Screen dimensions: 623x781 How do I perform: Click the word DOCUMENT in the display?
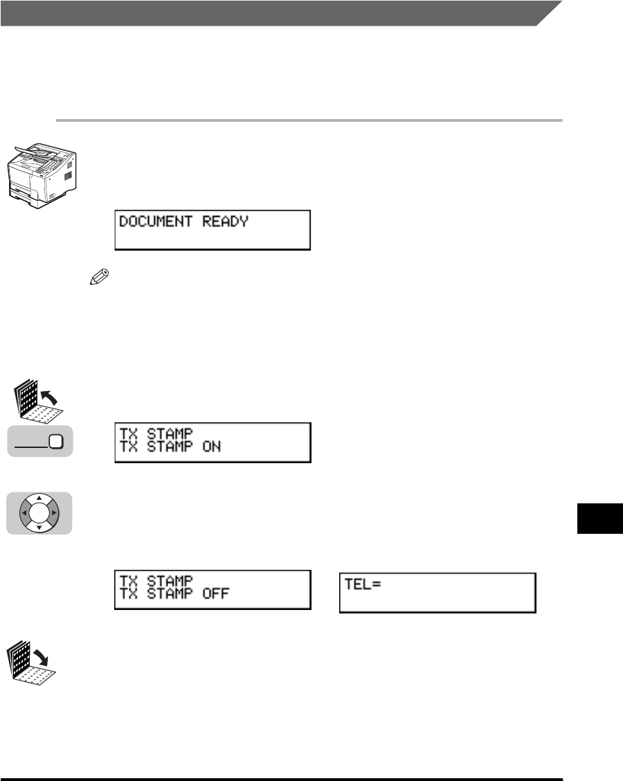coord(158,223)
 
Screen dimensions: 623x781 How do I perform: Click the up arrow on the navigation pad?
coord(39,499)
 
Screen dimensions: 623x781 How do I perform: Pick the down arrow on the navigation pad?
coord(39,528)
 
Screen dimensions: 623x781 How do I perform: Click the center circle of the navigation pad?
coord(39,514)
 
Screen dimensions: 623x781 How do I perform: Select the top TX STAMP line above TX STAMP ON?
coord(151,434)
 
